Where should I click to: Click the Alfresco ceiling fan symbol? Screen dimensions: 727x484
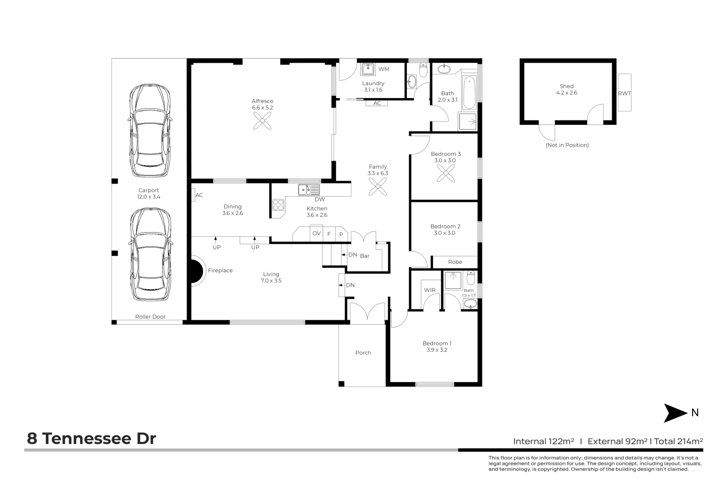262,121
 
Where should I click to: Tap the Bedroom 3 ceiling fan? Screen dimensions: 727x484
446,173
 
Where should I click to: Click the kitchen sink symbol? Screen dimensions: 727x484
309,190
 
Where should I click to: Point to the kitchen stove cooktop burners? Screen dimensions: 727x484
278,205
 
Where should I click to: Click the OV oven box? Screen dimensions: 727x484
317,233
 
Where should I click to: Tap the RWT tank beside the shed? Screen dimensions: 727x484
624,93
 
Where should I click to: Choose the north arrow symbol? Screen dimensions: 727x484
676,413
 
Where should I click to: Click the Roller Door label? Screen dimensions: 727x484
150,317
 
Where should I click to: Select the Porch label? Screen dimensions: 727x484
363,353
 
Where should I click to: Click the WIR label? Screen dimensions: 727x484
430,290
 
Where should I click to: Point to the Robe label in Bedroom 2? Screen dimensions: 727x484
455,262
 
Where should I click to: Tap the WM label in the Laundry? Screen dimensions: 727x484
384,69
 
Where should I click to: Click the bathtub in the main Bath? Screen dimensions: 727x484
469,93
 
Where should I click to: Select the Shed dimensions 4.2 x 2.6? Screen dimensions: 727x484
567,93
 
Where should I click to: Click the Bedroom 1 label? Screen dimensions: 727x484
437,343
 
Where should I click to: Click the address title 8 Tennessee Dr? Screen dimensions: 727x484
92,439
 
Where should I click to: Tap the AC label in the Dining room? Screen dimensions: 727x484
199,195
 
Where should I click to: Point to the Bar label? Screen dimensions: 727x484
365,256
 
